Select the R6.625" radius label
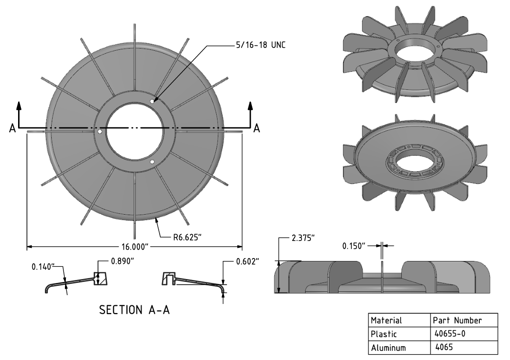tap(187, 238)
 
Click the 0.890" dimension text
tap(122, 260)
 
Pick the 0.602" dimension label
tap(247, 261)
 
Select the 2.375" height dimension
tap(303, 238)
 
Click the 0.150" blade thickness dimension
tap(354, 245)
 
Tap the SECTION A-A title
tap(135, 310)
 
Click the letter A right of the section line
tap(257, 128)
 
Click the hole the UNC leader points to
tap(153, 101)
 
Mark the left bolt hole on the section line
tap(100, 132)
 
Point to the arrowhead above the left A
tap(19, 105)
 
